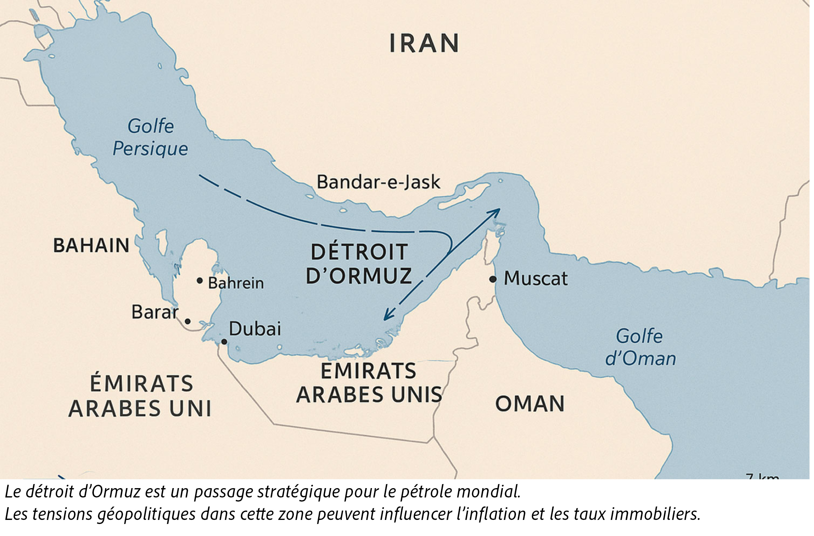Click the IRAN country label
(x=424, y=43)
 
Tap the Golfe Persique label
(x=150, y=137)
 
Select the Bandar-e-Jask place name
(x=378, y=182)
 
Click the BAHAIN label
(x=91, y=245)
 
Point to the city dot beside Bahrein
(x=200, y=281)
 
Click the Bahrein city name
(x=236, y=283)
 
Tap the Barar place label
(x=155, y=312)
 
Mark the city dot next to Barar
(x=188, y=321)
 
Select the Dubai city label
(x=255, y=329)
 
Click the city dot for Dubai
(x=224, y=341)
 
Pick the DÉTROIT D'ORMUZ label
(x=359, y=263)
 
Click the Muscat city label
(x=535, y=278)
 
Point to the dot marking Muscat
(x=493, y=279)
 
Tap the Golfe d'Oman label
(x=641, y=347)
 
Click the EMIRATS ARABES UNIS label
(x=369, y=383)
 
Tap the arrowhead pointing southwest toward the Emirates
(x=388, y=316)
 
